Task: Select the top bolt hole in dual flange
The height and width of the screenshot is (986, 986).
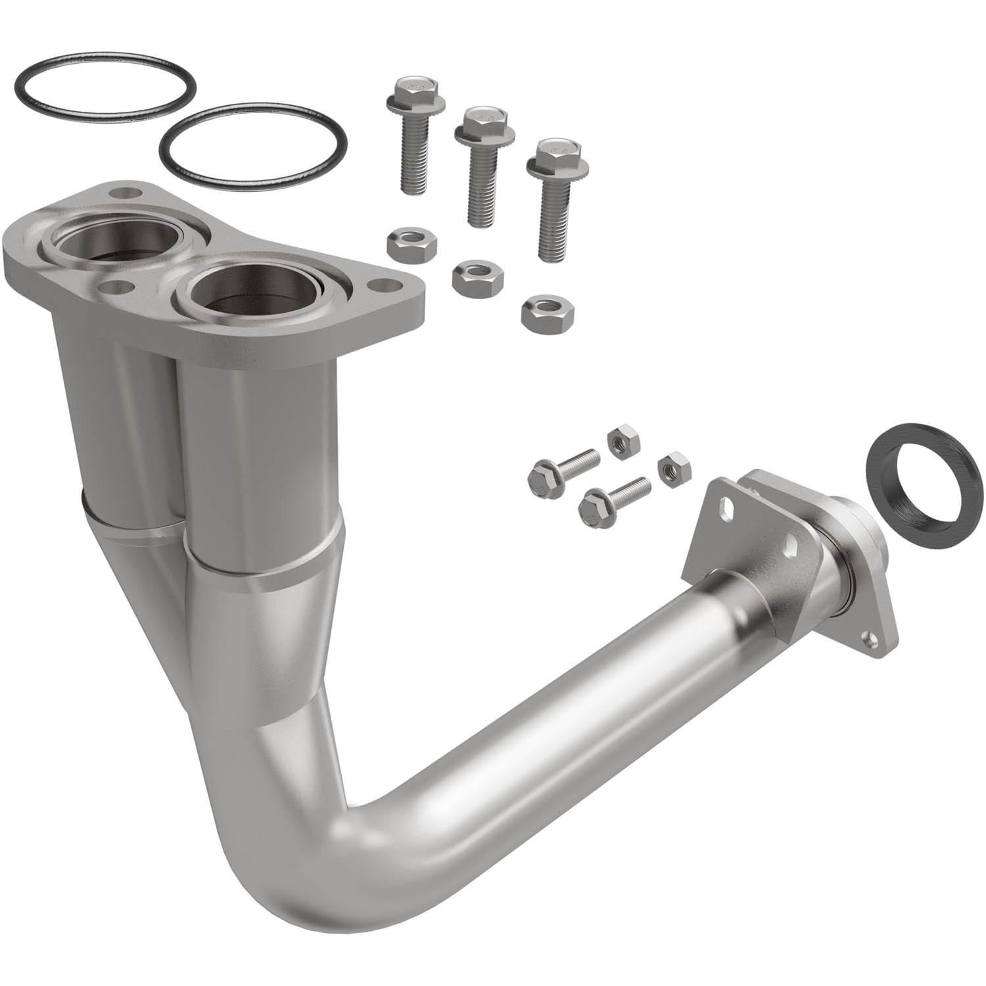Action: point(126,194)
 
